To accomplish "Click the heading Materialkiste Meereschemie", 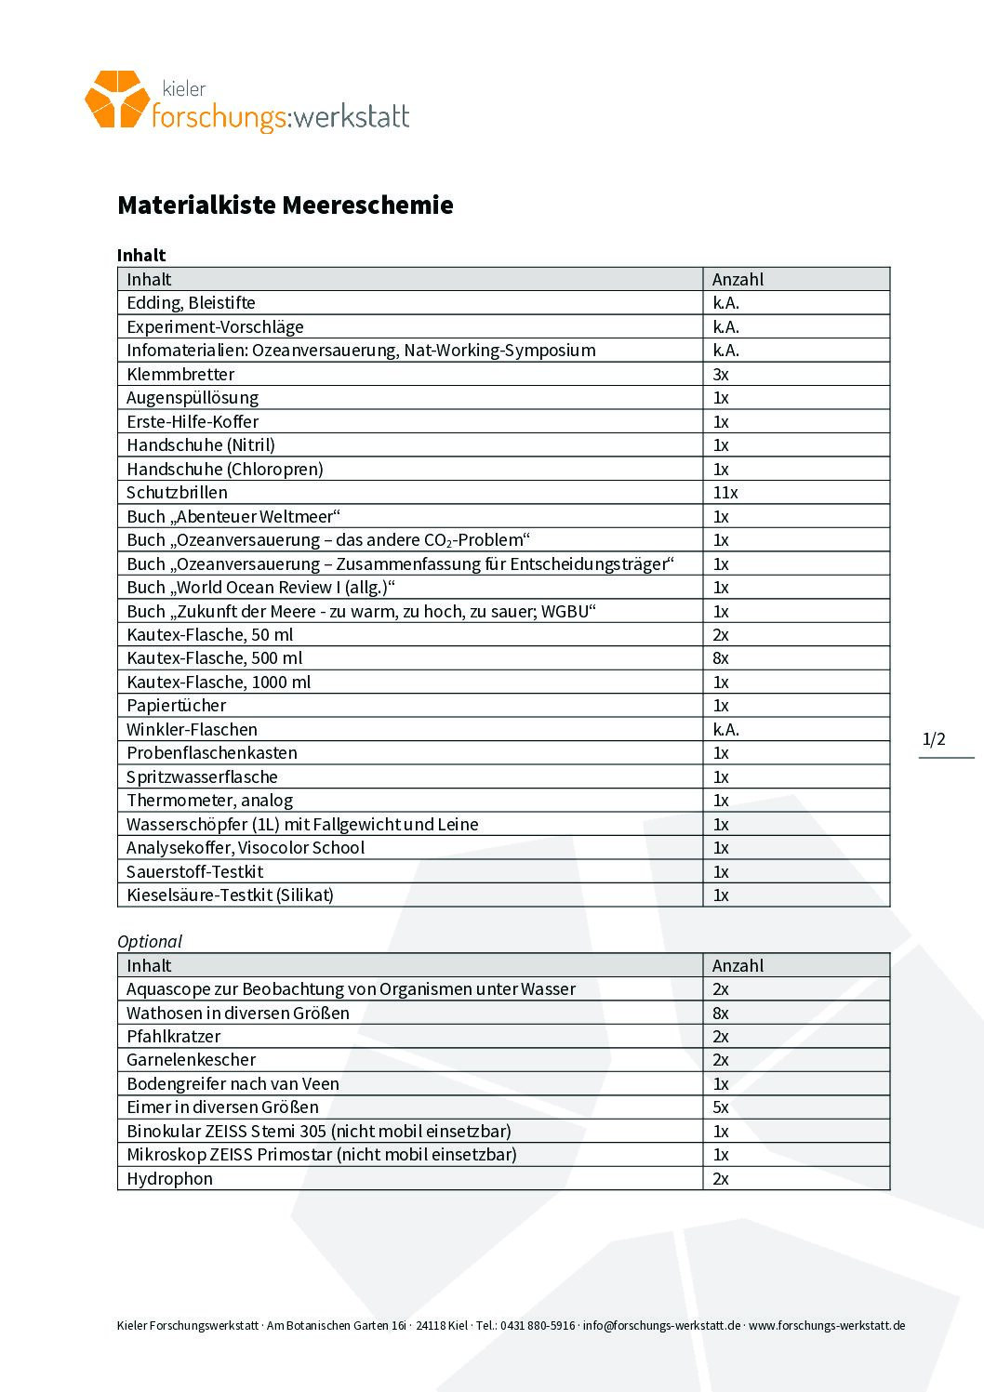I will [285, 205].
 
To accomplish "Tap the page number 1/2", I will [934, 739].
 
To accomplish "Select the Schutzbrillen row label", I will [177, 493].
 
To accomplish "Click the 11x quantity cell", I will [725, 493].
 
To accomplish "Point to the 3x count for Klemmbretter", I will [721, 375].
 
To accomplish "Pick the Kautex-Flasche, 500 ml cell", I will [214, 658].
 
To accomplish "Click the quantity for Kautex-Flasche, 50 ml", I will [721, 635].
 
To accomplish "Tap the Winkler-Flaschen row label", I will [192, 730].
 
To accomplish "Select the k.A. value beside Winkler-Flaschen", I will [725, 730].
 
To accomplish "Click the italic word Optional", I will [150, 941].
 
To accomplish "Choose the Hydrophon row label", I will [169, 1179].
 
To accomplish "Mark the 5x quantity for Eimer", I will [721, 1107].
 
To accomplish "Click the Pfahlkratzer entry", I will [173, 1037].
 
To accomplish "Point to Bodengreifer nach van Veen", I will [233, 1084].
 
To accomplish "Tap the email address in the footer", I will [661, 1325].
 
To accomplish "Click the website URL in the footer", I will [827, 1325].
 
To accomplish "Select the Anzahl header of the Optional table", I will [738, 965].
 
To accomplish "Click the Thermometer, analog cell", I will [209, 801].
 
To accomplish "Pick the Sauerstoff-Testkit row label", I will [194, 872].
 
